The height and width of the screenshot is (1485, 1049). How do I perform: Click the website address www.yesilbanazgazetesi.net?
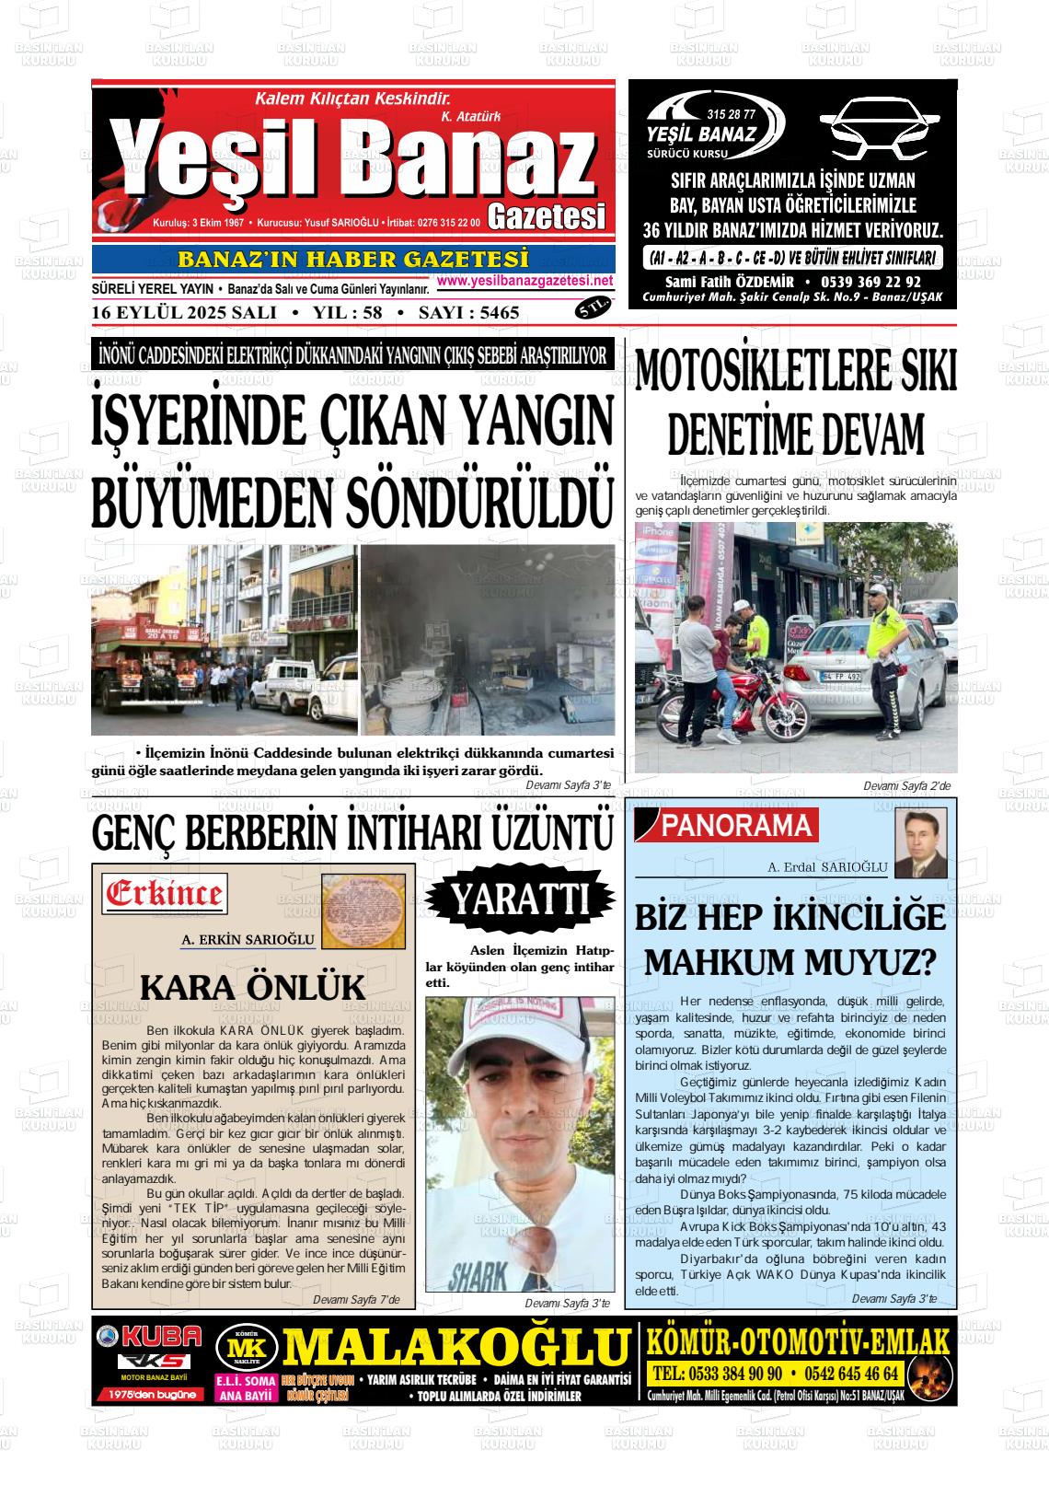coord(525,281)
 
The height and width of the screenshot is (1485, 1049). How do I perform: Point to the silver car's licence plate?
coord(840,677)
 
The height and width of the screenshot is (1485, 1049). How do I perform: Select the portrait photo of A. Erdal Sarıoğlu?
coord(920,842)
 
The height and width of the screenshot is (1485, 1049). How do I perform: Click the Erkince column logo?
coord(166,893)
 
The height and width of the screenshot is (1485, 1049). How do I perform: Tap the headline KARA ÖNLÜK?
coord(252,988)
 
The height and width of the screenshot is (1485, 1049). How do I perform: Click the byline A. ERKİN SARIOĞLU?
coord(248,940)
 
